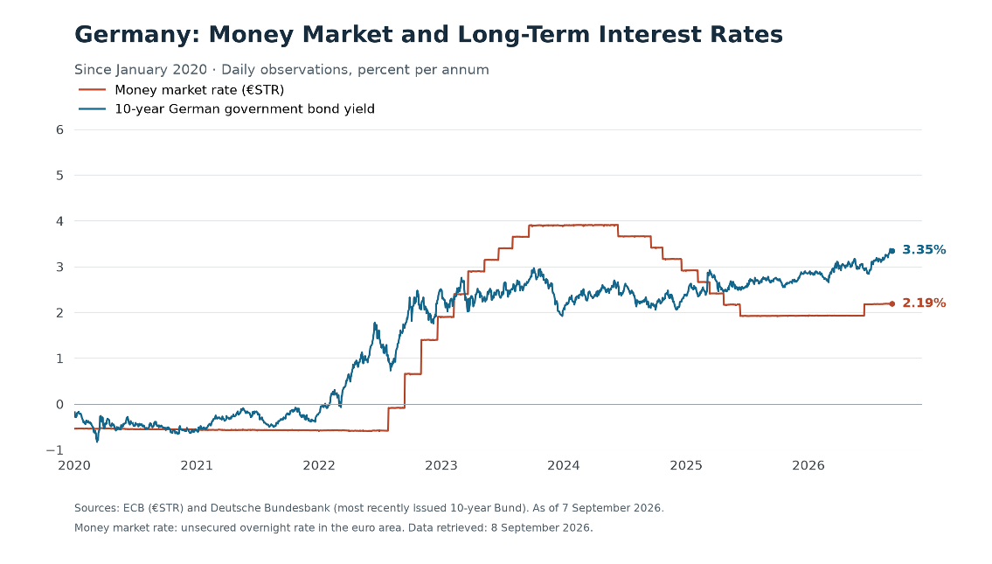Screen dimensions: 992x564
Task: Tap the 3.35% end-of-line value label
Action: pos(924,250)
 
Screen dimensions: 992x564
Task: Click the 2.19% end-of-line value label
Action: pos(924,303)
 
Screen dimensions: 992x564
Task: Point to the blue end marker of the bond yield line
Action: pos(892,251)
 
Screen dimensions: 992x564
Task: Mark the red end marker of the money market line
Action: pos(892,303)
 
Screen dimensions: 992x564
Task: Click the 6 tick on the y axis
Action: pos(60,129)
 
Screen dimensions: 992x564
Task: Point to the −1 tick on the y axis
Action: pos(55,450)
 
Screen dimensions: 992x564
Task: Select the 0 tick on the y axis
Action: pos(60,405)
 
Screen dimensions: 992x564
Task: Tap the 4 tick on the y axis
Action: pos(60,221)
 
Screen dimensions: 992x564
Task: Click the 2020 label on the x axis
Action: pos(74,466)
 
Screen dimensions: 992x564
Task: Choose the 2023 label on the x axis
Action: pos(441,466)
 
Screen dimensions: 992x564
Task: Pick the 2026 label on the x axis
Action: pos(808,466)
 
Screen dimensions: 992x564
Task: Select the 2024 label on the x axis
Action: pos(564,466)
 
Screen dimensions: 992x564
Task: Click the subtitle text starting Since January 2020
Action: pos(281,70)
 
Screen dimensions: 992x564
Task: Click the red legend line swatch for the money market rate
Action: pos(93,90)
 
